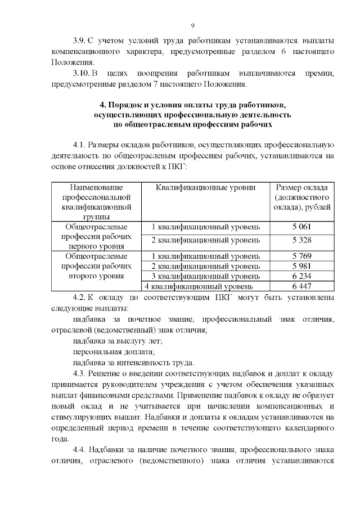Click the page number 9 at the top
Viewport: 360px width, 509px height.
click(x=192, y=26)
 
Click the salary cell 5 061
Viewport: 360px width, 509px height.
click(x=301, y=227)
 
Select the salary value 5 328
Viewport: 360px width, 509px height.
click(x=301, y=240)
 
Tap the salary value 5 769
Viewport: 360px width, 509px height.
click(x=301, y=256)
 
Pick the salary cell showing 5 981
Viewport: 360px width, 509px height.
click(x=301, y=266)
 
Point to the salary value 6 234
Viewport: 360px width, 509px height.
click(x=301, y=276)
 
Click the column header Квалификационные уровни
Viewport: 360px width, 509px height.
click(x=205, y=187)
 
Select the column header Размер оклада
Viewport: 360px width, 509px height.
click(x=302, y=187)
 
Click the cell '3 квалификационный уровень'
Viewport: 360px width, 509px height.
click(x=206, y=276)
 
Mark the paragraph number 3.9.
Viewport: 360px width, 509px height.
click(x=79, y=41)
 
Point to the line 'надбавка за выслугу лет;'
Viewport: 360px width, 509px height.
click(x=118, y=341)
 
